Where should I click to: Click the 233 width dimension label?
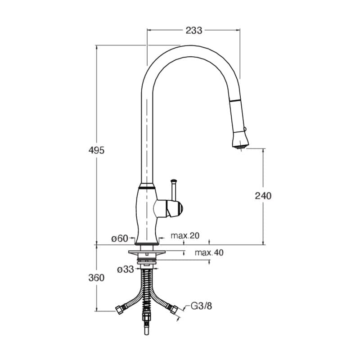(x=194, y=30)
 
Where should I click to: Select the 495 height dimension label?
(x=96, y=150)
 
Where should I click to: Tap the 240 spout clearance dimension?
(x=263, y=196)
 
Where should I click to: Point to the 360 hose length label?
(x=96, y=278)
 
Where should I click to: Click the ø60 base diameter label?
(x=120, y=238)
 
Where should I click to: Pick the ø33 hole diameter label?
(x=126, y=269)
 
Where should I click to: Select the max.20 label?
(x=185, y=235)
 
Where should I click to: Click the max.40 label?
(x=209, y=252)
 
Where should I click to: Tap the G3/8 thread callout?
(x=202, y=306)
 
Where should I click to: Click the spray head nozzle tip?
(x=240, y=148)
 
